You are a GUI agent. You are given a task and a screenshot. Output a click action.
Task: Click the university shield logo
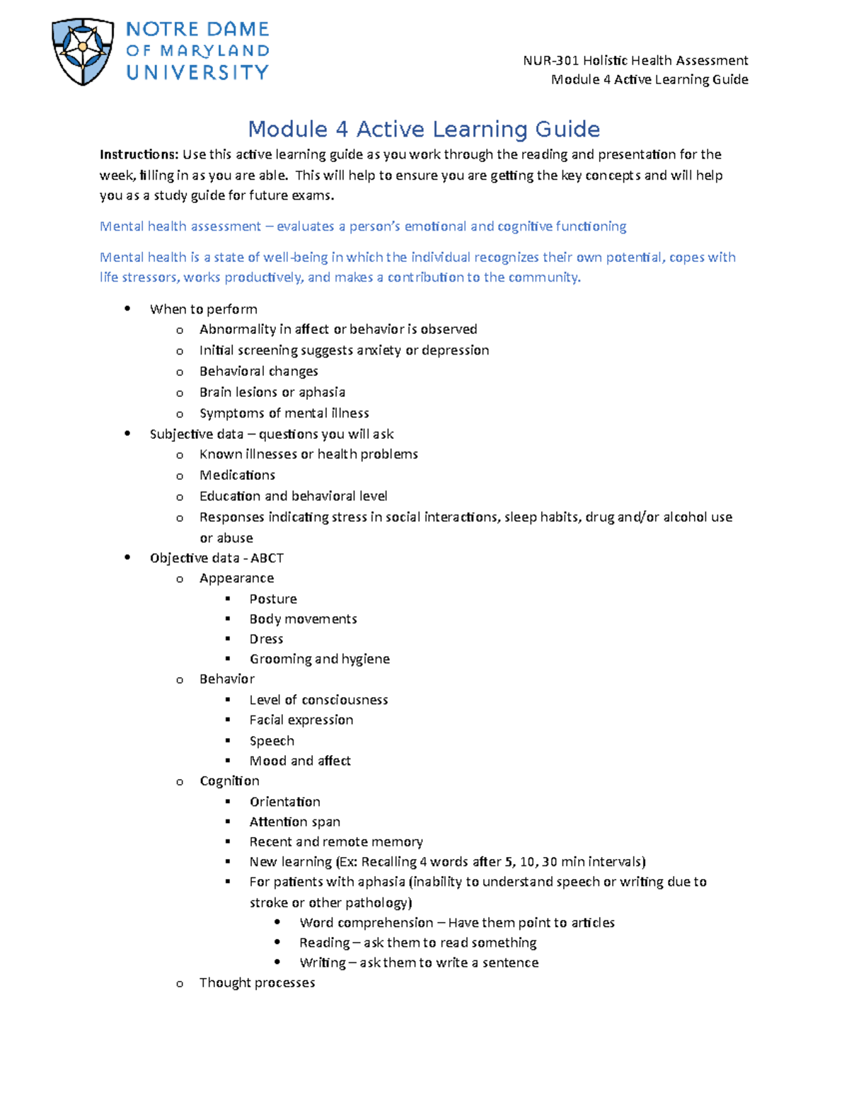tap(83, 51)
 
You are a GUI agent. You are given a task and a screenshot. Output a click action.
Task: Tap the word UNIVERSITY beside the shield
tap(197, 72)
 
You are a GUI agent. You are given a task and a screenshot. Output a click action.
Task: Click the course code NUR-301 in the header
tap(548, 60)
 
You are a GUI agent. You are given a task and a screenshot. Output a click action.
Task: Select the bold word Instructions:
tap(139, 154)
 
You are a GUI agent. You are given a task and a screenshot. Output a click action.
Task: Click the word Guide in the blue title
tap(567, 130)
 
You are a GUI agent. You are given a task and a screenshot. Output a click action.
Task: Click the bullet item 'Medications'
tap(237, 475)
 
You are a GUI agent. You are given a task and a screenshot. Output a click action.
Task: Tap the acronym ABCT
tap(267, 558)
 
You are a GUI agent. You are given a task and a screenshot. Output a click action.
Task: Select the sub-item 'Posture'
tap(273, 599)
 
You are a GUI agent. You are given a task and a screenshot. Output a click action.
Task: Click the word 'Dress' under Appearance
tap(266, 639)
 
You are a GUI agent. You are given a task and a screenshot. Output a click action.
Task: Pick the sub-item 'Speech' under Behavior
tap(272, 741)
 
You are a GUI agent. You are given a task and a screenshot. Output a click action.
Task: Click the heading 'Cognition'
tap(229, 781)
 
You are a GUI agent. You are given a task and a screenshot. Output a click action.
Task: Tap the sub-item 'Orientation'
tap(284, 802)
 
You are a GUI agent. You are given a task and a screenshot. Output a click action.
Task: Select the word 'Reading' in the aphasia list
tap(324, 943)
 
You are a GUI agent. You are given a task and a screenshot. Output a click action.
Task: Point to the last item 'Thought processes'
tap(257, 982)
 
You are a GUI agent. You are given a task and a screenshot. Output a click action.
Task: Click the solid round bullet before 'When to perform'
tap(127, 309)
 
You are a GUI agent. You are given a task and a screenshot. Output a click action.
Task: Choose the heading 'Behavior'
tap(226, 679)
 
